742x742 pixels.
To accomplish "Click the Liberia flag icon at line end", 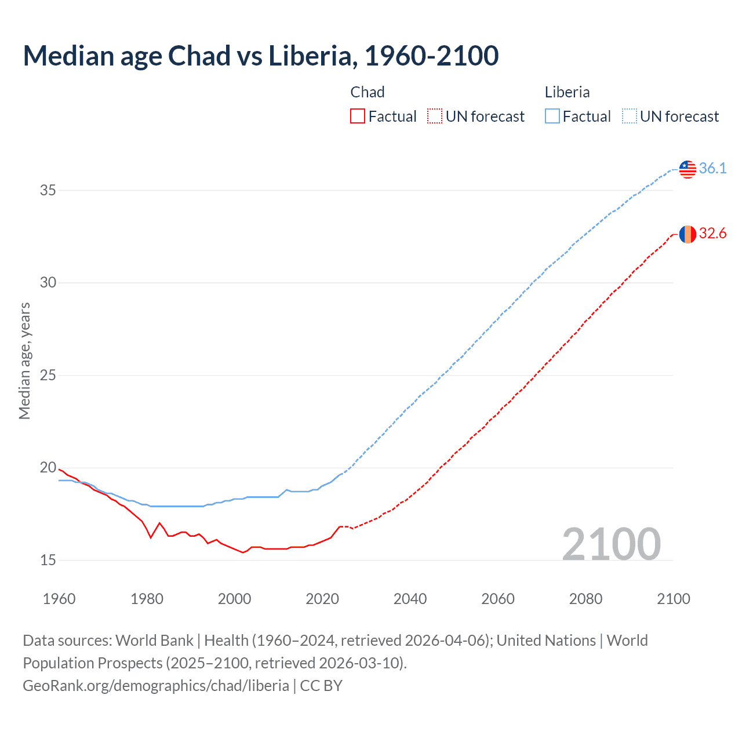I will click(688, 169).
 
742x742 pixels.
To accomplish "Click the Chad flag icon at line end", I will click(688, 234).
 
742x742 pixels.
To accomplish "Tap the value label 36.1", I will click(712, 168).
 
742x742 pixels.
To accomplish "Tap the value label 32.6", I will click(712, 233).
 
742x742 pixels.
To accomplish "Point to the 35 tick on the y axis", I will click(48, 190).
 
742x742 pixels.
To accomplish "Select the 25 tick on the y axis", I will click(48, 375).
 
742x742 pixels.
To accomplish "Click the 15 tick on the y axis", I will click(48, 560).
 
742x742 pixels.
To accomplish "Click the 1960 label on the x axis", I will click(59, 599).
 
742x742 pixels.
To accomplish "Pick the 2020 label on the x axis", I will click(322, 599).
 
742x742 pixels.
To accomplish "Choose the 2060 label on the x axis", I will click(498, 599).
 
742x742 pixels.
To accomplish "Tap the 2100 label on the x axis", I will click(673, 599).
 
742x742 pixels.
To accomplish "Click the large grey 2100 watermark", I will click(611, 544).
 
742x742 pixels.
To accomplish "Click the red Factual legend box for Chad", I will click(358, 117).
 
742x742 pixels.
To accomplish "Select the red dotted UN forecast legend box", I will click(435, 117).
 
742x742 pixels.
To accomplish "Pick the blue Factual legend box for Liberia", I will click(552, 117).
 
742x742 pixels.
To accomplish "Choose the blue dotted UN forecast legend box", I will click(630, 117).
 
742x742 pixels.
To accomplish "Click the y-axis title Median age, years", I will click(24, 361).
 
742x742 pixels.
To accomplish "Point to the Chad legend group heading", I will click(368, 92).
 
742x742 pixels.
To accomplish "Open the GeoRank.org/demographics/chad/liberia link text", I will click(156, 686).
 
